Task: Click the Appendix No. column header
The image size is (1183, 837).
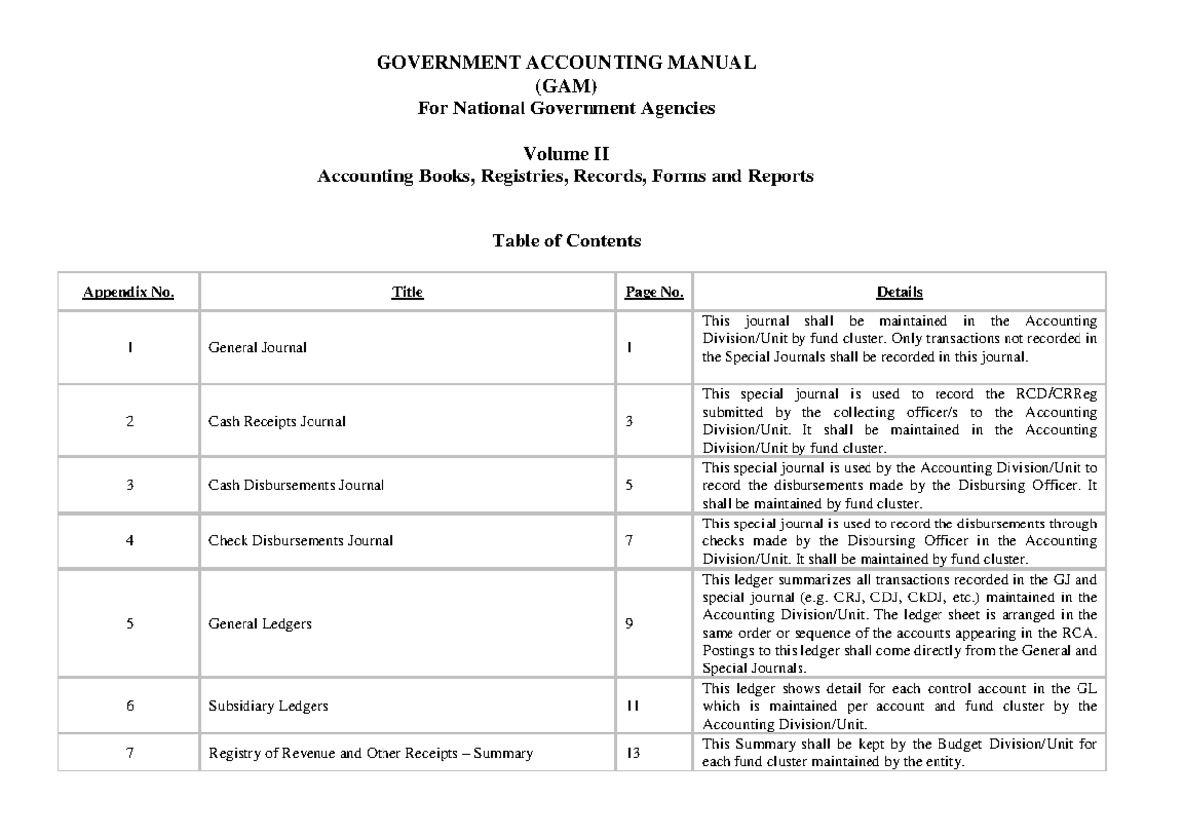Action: click(x=129, y=292)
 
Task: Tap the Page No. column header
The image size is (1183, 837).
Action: click(x=655, y=292)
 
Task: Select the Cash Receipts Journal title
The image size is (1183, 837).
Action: click(x=276, y=422)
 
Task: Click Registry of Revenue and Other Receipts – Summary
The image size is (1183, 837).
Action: click(x=371, y=754)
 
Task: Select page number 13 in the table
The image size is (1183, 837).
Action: click(x=632, y=754)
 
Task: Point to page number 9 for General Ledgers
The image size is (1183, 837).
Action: click(x=629, y=623)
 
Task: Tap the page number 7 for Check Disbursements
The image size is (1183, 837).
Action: click(x=629, y=540)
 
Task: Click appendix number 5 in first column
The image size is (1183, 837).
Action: click(x=129, y=623)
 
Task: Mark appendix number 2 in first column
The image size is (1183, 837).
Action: click(x=129, y=422)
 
